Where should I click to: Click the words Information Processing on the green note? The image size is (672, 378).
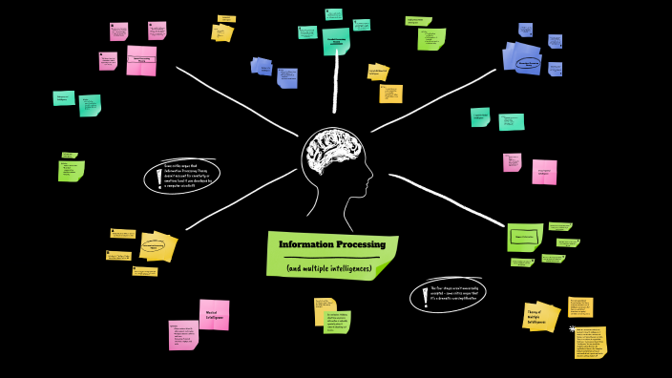(x=332, y=245)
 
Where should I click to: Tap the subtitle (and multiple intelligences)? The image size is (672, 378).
(x=328, y=267)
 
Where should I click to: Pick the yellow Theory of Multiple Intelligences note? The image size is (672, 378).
(x=540, y=314)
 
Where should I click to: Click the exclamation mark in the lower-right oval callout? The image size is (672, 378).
(x=426, y=295)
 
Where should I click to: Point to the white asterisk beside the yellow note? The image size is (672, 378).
(x=572, y=328)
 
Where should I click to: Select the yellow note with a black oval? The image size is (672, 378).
(x=157, y=246)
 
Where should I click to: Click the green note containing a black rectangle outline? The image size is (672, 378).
(x=524, y=236)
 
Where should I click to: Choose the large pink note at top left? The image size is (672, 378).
(x=141, y=59)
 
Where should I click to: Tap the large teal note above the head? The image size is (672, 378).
(x=336, y=41)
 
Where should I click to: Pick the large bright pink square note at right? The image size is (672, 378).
(x=544, y=172)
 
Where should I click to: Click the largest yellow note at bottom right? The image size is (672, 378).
(x=590, y=343)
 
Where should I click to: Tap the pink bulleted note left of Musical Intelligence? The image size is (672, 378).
(x=183, y=335)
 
